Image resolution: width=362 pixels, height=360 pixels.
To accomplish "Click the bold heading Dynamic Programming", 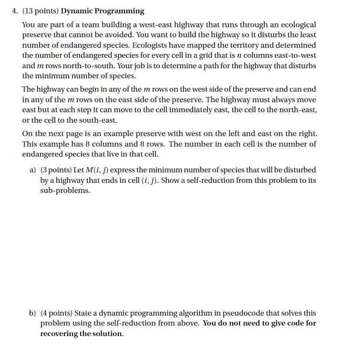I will (103, 11).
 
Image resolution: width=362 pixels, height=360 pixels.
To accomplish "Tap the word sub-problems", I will (64, 191).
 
